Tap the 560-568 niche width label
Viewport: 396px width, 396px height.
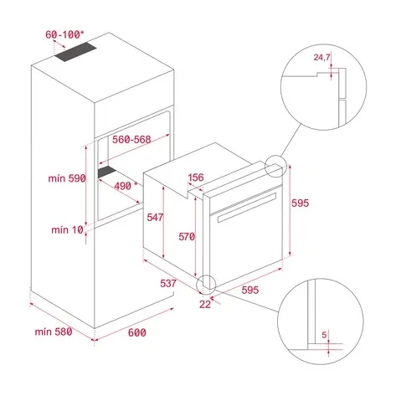(132, 141)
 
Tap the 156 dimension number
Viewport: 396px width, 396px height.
(197, 177)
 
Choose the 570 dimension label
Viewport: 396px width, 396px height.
(186, 237)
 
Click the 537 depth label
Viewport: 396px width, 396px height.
(168, 283)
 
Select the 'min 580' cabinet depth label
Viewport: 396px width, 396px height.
(52, 332)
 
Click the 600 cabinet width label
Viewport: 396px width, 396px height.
(136, 332)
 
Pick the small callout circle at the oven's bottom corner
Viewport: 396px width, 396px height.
(206, 285)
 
